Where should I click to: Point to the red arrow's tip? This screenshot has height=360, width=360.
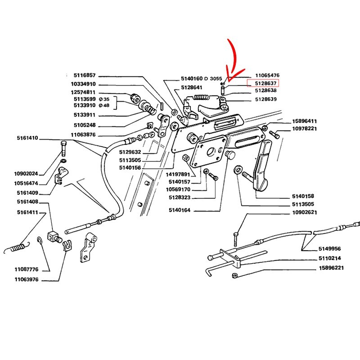coord(228,81)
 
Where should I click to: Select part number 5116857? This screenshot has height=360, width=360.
coord(85,76)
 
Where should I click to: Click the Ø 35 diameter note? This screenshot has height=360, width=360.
coord(105,99)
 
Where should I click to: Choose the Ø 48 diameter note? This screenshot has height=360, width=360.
coord(105,105)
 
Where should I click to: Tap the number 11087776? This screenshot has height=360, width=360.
coord(26,270)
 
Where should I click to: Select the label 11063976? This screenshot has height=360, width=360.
coord(26,279)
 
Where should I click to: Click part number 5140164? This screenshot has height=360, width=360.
coord(180,210)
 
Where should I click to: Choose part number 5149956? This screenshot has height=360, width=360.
coord(330,248)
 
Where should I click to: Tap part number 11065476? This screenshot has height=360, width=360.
coord(267,76)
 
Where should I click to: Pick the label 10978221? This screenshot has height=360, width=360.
coord(305,129)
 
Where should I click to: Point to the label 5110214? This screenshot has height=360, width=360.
coord(330,258)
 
